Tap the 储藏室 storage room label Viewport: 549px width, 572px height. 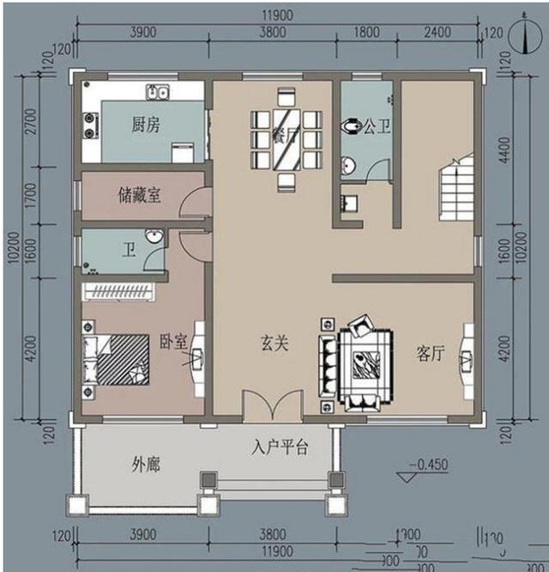(x=140, y=196)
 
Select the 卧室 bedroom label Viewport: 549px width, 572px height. (x=173, y=341)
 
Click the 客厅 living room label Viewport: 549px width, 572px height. (x=430, y=353)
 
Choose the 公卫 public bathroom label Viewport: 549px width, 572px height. (x=377, y=128)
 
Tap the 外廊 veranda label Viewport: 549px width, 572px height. (x=147, y=466)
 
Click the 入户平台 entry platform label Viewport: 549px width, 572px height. (x=280, y=447)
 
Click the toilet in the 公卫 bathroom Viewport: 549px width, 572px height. (x=349, y=127)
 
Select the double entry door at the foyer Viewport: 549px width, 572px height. (x=273, y=406)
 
